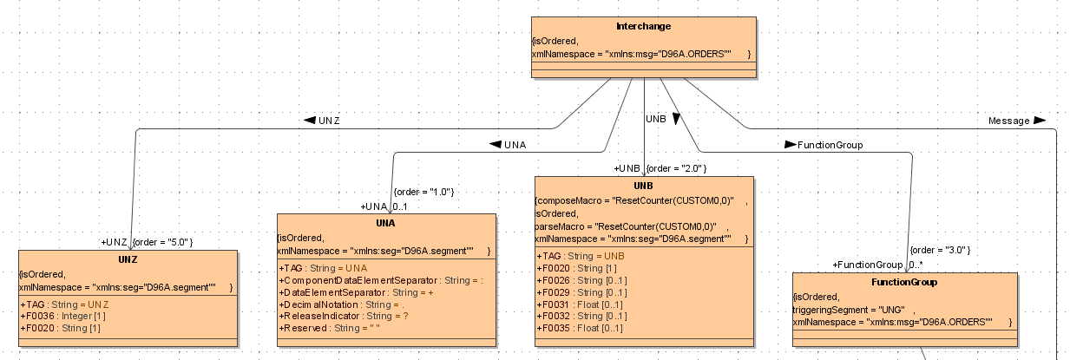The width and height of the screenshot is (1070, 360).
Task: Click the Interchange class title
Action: (643, 26)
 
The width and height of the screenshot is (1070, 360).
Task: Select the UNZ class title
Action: (127, 259)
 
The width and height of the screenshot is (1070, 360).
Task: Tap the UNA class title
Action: (386, 223)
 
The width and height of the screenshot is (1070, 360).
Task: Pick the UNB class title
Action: (643, 186)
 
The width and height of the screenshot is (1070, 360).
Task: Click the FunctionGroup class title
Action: (903, 282)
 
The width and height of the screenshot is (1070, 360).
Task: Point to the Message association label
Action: (1009, 121)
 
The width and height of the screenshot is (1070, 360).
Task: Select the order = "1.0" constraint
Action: (424, 191)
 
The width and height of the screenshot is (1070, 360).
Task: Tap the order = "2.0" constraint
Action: (678, 167)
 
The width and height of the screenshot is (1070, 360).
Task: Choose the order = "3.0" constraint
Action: (940, 250)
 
